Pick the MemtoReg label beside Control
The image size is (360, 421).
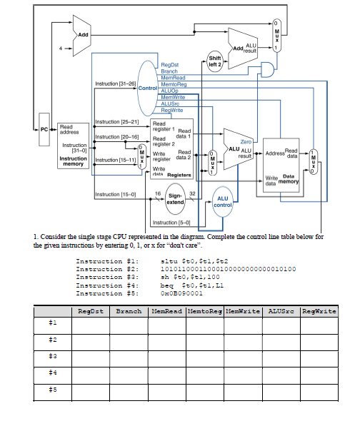pos(174,83)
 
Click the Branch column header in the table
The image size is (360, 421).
pos(129,311)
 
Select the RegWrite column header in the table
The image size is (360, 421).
pos(320,311)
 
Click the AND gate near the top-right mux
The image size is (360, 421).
pos(269,69)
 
